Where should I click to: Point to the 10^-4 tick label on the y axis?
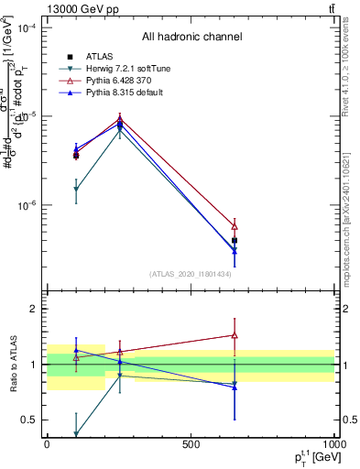pos(27,27)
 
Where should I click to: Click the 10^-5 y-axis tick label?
pos(27,116)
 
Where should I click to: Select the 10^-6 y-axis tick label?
pos(27,205)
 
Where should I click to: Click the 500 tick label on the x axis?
pos(191,444)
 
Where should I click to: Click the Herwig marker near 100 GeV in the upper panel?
pos(76,190)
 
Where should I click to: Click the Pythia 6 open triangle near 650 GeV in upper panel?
pos(235,226)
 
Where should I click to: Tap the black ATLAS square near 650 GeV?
pos(235,240)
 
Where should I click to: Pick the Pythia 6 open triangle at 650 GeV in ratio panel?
pos(235,335)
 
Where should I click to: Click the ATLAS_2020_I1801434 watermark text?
pos(191,274)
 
